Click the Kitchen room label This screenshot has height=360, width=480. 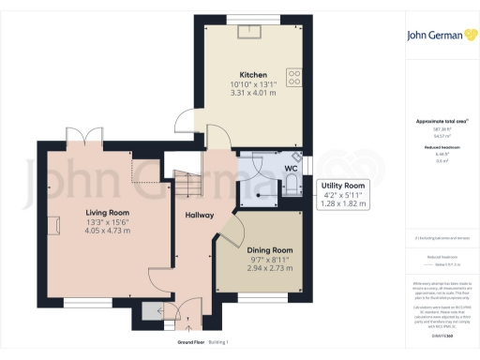point(253,75)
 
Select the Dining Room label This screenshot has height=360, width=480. point(270,250)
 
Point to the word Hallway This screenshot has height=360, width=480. point(199,216)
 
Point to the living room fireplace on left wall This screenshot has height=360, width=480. point(53,224)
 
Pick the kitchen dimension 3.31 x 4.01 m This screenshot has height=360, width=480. point(253,94)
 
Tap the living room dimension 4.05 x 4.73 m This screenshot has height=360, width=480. point(104,231)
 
